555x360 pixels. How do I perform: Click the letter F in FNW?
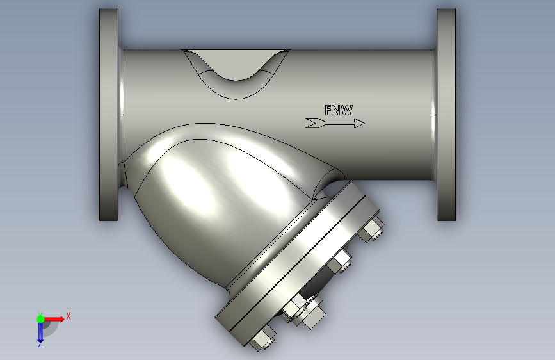click(328, 110)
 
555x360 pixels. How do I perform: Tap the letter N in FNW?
click(336, 110)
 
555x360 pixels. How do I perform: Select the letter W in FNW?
click(346, 110)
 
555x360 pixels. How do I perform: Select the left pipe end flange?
click(109, 115)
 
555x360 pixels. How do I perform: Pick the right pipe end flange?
click(446, 115)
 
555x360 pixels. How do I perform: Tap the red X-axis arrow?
click(54, 319)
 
